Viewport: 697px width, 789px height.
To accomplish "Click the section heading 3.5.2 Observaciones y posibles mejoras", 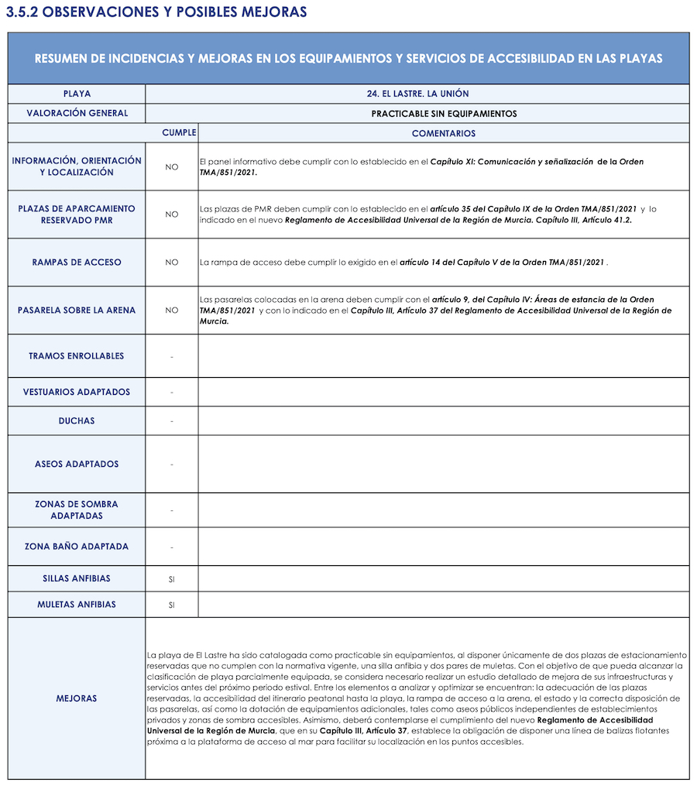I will click(x=156, y=12).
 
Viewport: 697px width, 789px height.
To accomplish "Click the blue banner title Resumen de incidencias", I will click(x=348, y=59).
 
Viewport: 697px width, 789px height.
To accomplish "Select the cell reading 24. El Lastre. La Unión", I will click(x=417, y=94).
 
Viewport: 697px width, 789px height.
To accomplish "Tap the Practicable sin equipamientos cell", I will click(x=444, y=114).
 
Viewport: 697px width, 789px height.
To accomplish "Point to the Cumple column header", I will click(x=179, y=133).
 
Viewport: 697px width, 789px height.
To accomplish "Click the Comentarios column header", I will click(x=444, y=133).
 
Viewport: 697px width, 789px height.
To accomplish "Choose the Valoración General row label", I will click(x=77, y=113).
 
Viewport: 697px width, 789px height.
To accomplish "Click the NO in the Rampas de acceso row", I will click(x=172, y=262).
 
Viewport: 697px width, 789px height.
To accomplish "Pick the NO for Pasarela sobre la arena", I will click(x=172, y=310).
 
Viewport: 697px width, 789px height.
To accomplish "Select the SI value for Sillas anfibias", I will click(x=172, y=579).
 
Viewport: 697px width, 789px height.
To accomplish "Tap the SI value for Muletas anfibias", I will click(x=172, y=605).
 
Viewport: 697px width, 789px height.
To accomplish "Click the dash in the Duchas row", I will click(x=172, y=421).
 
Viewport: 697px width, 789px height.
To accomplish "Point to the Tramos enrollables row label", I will click(x=77, y=356).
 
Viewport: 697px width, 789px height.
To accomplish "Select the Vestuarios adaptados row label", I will click(x=77, y=392).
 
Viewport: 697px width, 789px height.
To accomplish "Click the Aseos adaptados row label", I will click(x=77, y=465).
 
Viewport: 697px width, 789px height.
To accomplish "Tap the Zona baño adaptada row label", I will click(x=77, y=547).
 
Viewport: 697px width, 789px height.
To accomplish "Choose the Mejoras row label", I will click(x=77, y=698).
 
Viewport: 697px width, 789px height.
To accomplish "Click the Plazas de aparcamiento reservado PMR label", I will click(x=77, y=214).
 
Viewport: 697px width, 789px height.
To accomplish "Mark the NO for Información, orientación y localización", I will click(x=172, y=167).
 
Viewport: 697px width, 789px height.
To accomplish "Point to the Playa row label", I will click(x=77, y=94).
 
